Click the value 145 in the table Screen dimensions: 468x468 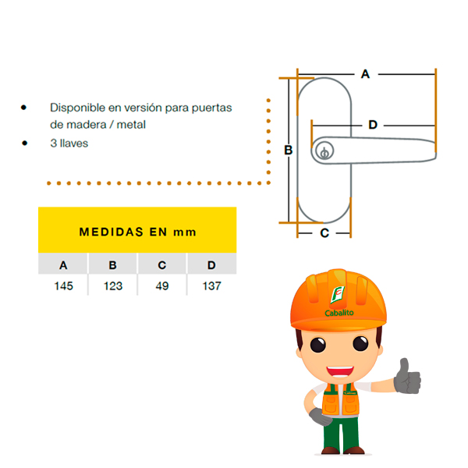(x=64, y=286)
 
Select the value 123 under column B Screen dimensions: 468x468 (x=113, y=286)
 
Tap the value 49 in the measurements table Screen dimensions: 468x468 (x=162, y=286)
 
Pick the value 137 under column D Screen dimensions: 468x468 (x=211, y=286)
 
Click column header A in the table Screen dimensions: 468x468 (x=63, y=265)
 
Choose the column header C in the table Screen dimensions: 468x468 (x=162, y=265)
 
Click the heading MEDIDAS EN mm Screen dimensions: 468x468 (x=137, y=232)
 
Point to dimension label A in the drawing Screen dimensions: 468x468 (x=365, y=74)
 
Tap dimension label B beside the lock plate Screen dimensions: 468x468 (x=288, y=150)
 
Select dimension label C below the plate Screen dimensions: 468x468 (x=324, y=233)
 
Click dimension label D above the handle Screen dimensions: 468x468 (x=373, y=125)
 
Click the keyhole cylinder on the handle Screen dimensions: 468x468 (x=324, y=151)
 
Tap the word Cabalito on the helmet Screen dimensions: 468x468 (x=339, y=313)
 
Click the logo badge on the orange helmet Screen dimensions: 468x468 (x=338, y=295)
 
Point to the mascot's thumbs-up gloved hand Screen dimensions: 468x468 (x=407, y=377)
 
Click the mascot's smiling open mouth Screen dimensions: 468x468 (x=340, y=371)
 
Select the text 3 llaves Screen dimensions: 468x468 (x=69, y=144)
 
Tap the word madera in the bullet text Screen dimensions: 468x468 (x=87, y=125)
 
